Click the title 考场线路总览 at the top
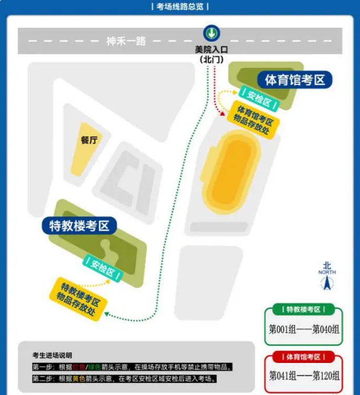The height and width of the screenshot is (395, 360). pyautogui.click(x=180, y=7)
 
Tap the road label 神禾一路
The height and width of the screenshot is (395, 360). pyautogui.click(x=126, y=41)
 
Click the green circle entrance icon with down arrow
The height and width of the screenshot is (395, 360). pyautogui.click(x=211, y=33)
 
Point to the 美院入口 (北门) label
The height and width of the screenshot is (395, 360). pyautogui.click(x=211, y=55)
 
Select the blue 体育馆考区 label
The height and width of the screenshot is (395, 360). pyautogui.click(x=295, y=79)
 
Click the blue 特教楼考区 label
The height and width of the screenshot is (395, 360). pyautogui.click(x=79, y=226)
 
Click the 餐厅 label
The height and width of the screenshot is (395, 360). pyautogui.click(x=89, y=140)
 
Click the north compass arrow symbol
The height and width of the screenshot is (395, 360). pyautogui.click(x=327, y=283)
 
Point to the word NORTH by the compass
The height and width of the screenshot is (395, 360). pyautogui.click(x=327, y=272)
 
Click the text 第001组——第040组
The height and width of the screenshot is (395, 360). pyautogui.click(x=304, y=329)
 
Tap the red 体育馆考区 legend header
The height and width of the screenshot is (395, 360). pyautogui.click(x=303, y=357)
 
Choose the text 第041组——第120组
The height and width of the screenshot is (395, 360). pyautogui.click(x=304, y=376)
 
